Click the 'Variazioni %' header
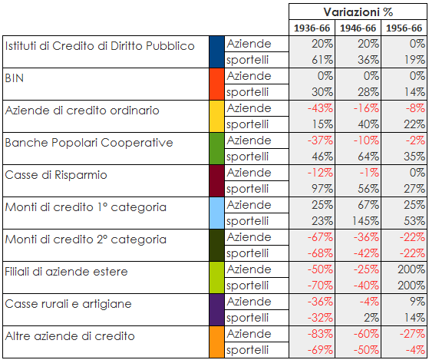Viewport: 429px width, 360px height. [358, 12]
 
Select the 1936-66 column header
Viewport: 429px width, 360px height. [312, 28]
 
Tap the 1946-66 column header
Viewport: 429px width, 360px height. [358, 28]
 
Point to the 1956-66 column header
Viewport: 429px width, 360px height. [404, 28]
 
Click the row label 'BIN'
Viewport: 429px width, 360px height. [15, 78]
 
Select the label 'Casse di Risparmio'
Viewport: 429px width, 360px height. [56, 175]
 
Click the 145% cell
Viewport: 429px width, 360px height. [365, 221]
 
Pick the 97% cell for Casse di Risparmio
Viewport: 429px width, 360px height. [322, 189]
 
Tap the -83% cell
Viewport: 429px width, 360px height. [320, 334]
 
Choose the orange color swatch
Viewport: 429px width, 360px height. [216, 342]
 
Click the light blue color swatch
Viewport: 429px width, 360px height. [216, 213]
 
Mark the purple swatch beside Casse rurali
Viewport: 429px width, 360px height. [216, 309]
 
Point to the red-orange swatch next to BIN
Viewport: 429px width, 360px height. [216, 84]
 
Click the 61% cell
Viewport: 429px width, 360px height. [322, 60]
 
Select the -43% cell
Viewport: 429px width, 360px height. [320, 108]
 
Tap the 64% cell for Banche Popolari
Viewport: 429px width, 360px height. [368, 157]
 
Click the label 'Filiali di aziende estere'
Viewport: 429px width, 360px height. [66, 272]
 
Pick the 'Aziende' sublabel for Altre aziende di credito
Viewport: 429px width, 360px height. [249, 334]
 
